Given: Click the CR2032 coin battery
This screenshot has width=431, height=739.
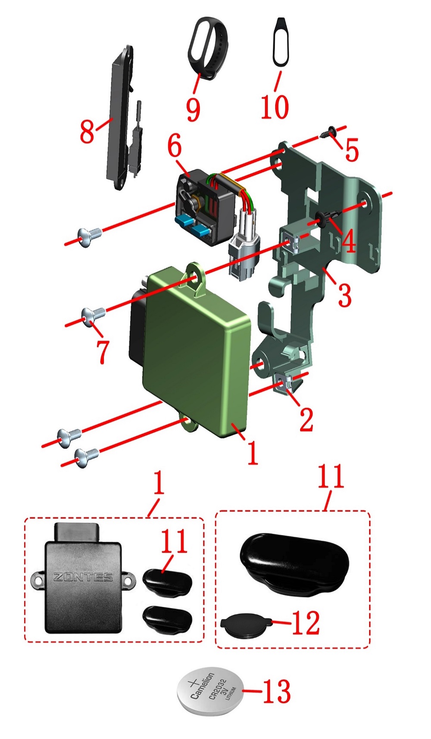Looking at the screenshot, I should [210, 691].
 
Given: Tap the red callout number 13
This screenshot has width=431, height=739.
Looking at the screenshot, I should [276, 691].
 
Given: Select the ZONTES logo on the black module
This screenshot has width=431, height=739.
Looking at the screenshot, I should [83, 577].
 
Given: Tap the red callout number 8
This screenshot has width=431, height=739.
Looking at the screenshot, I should [87, 131].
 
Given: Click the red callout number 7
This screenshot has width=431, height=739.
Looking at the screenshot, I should [103, 351].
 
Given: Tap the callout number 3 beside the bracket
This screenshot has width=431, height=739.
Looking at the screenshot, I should [344, 295].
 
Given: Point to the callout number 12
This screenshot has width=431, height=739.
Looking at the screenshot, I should [306, 623].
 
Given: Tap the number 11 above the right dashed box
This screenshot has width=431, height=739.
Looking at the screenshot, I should [331, 476].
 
